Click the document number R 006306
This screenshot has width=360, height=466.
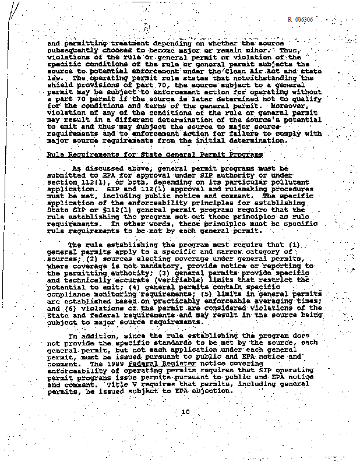tap(301, 19)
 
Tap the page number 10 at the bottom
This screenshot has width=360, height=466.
tap(185, 412)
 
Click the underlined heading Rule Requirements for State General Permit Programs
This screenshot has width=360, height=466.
tap(155, 154)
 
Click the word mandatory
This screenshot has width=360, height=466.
tap(150, 266)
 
